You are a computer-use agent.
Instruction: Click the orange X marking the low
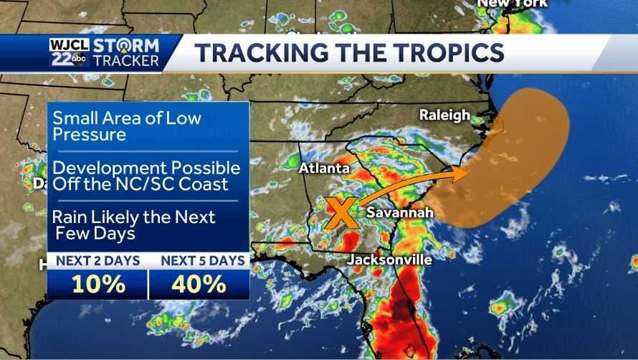(x=341, y=213)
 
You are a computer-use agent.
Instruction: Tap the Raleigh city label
(x=444, y=115)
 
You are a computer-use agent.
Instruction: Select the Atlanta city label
(x=324, y=169)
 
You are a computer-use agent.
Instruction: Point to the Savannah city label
(x=400, y=213)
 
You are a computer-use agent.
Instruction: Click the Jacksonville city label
(x=389, y=260)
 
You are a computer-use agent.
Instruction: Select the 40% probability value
(x=199, y=284)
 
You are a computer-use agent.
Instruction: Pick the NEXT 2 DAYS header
(x=97, y=260)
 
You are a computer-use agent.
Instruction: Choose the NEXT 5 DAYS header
(x=202, y=260)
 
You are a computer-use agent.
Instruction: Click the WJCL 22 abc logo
(x=68, y=52)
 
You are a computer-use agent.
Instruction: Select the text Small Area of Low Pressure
(x=127, y=125)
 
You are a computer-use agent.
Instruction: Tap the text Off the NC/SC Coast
(x=141, y=184)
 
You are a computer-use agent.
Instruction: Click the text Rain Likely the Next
(x=134, y=217)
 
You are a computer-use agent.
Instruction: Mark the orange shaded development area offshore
(x=516, y=158)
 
